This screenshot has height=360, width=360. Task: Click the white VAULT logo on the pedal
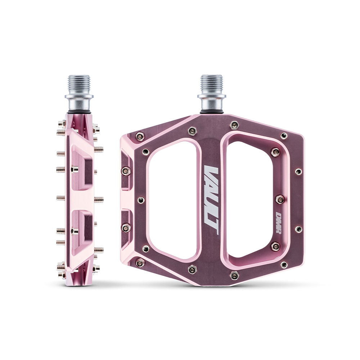[x=211, y=200]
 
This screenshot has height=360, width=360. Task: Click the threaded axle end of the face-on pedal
[x=211, y=84]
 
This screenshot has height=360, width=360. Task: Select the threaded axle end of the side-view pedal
[x=79, y=84]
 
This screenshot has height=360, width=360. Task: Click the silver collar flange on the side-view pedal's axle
[x=79, y=97]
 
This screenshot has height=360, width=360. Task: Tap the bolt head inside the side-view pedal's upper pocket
[x=74, y=169]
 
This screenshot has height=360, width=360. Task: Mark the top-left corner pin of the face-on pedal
[x=140, y=136]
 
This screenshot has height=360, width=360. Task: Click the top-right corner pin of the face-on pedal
[x=284, y=135]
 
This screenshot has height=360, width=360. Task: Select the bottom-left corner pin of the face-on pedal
[x=140, y=263]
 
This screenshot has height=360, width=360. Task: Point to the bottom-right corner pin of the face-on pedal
[x=284, y=265]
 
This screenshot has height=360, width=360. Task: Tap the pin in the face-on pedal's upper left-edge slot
[x=126, y=171]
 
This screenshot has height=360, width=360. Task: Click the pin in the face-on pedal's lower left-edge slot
[x=126, y=228]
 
